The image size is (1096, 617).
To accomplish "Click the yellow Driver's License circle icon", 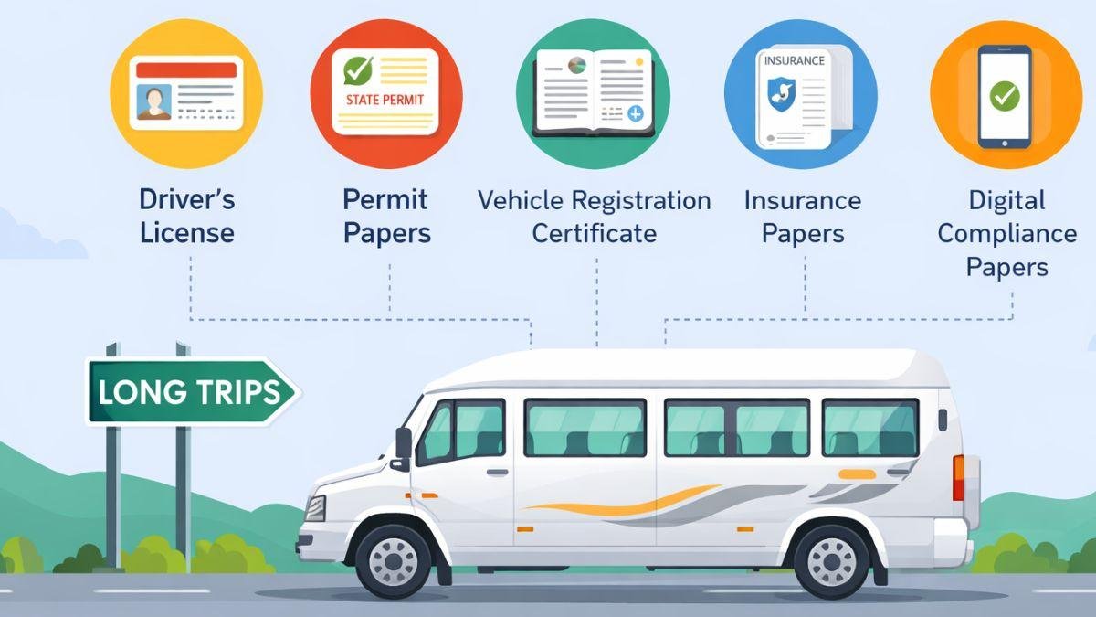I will [x=186, y=92].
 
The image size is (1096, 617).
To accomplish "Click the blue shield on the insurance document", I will [x=782, y=94].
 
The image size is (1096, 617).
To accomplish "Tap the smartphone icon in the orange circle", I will [x=1004, y=95].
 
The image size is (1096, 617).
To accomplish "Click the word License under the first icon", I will [x=186, y=232].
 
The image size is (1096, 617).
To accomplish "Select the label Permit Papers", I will [x=385, y=216].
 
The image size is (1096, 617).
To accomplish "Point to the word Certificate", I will [x=594, y=232].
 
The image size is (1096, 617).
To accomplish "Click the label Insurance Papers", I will [x=802, y=216].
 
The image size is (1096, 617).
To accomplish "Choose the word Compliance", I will [x=1006, y=233].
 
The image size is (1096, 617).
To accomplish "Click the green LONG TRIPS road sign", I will [x=192, y=392].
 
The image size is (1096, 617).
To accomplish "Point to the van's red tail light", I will [x=957, y=478].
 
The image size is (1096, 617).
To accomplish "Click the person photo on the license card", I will [x=153, y=100].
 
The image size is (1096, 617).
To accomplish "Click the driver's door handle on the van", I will [x=497, y=472].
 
